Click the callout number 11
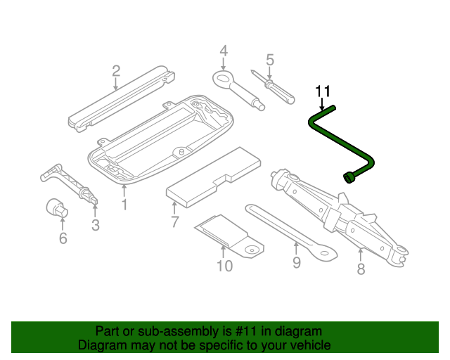(323, 91)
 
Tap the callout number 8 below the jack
(361, 269)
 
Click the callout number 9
(296, 262)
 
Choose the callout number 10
(224, 265)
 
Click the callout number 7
(175, 223)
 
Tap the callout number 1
(124, 205)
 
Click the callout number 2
(116, 70)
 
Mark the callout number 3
(96, 226)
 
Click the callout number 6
(63, 239)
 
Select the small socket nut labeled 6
(56, 208)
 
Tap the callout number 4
(224, 51)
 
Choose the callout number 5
(269, 60)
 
